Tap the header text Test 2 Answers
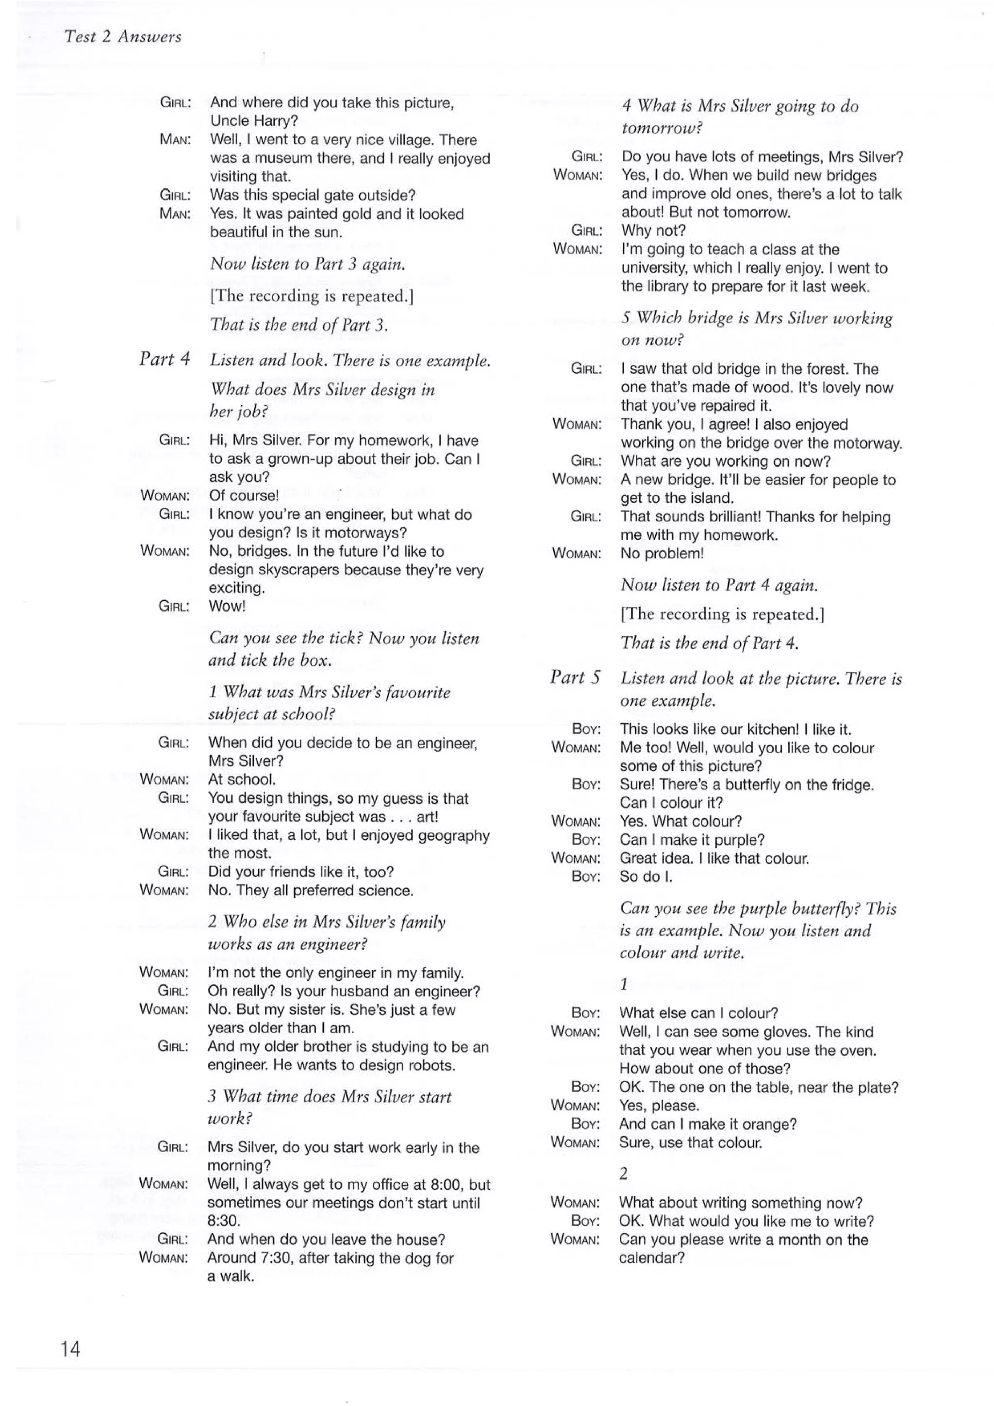[x=122, y=37]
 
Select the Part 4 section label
[x=164, y=359]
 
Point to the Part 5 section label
[x=575, y=678]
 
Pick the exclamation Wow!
[x=227, y=606]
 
